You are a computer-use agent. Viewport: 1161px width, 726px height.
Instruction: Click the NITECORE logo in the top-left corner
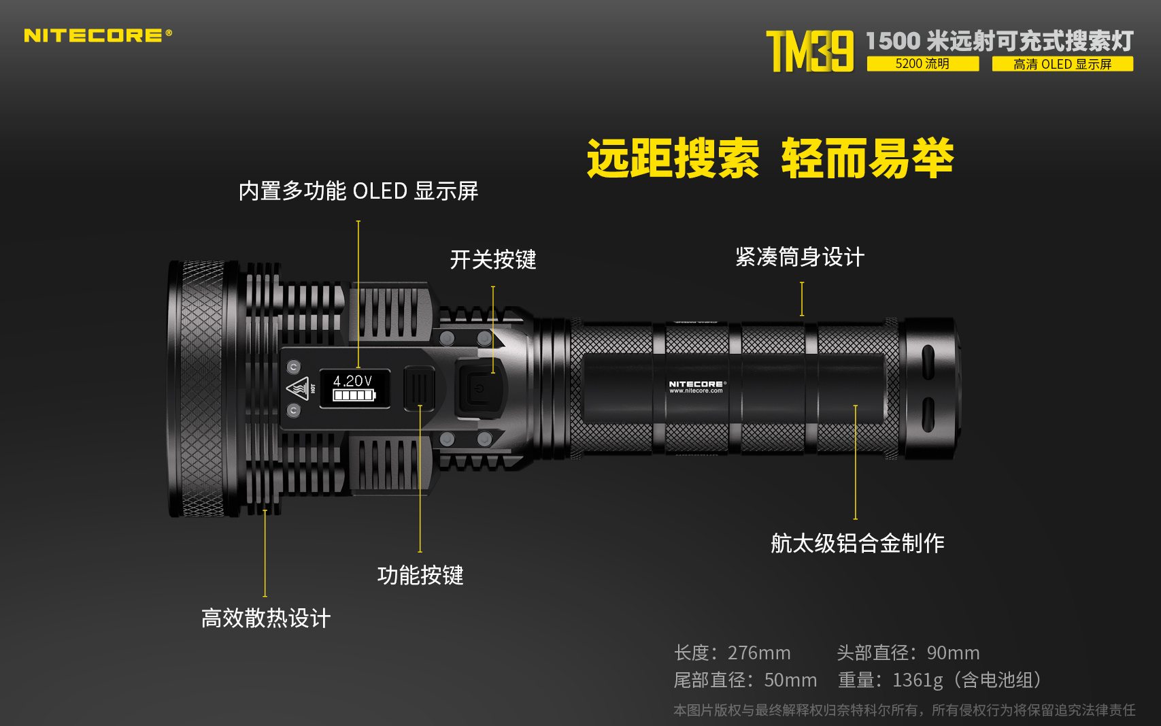pyautogui.click(x=98, y=35)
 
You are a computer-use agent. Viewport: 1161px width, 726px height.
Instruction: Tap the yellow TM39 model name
pyautogui.click(x=810, y=51)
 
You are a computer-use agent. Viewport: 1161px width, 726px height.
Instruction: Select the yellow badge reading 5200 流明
pyautogui.click(x=923, y=64)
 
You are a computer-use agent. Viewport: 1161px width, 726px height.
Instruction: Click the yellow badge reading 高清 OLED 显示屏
pyautogui.click(x=1062, y=64)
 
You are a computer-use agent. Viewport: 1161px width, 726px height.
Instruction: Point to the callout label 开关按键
pyautogui.click(x=493, y=259)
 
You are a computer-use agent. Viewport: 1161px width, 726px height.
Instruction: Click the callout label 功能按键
pyautogui.click(x=420, y=575)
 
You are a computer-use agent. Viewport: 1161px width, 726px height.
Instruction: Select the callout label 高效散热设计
pyautogui.click(x=266, y=618)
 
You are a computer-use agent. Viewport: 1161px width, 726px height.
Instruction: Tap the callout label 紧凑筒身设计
pyautogui.click(x=800, y=257)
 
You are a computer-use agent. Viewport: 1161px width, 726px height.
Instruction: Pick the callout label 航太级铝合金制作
pyautogui.click(x=857, y=543)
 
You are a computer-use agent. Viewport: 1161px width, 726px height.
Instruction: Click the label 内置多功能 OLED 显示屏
pyautogui.click(x=358, y=191)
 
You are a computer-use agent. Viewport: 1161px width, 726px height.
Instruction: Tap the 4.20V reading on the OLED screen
pyautogui.click(x=352, y=381)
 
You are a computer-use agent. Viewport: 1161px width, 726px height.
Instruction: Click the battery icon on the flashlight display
pyautogui.click(x=354, y=396)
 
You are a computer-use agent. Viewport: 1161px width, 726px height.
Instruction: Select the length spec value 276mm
pyautogui.click(x=759, y=653)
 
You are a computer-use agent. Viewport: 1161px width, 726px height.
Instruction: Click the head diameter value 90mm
pyautogui.click(x=953, y=653)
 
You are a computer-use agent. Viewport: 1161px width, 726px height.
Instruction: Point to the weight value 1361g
pyautogui.click(x=918, y=680)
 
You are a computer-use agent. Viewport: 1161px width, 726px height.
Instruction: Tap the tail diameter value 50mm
pyautogui.click(x=790, y=680)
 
